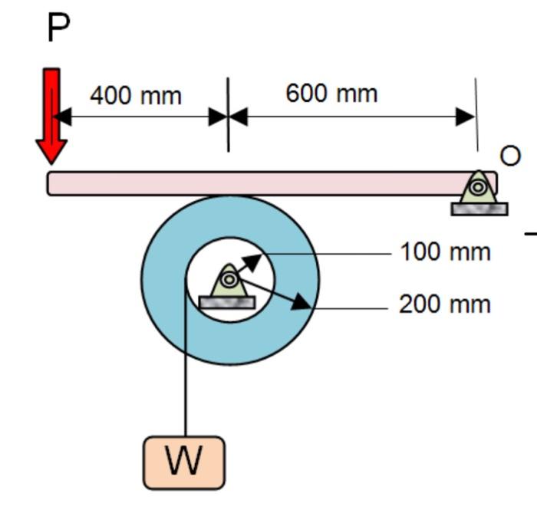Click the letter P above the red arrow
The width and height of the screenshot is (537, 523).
coord(58,28)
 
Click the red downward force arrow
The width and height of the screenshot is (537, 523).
coord(51,115)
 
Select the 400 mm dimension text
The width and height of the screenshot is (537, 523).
coord(136,96)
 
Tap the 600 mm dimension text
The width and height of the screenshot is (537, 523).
coord(331,94)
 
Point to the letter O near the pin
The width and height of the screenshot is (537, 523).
coord(510,156)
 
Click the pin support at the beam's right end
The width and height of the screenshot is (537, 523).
coord(478,187)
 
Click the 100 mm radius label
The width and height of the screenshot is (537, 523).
coord(445,252)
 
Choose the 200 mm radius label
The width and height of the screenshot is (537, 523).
coord(445,304)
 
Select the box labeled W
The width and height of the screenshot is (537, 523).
coord(184,462)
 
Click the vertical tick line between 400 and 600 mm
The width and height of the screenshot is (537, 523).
coord(228,115)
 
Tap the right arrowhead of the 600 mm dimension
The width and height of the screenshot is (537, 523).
coord(465,117)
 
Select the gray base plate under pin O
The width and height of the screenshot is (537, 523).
coord(479,209)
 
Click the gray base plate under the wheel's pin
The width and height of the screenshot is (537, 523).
coord(227,303)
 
